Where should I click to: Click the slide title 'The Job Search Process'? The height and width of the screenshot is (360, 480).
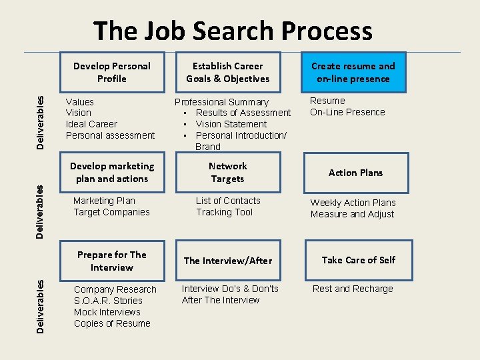coord(233,31)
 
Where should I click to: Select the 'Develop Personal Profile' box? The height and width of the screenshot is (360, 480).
coord(111,72)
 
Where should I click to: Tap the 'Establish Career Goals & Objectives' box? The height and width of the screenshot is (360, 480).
coord(227,72)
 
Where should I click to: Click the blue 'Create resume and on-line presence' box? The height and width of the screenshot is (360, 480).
coord(353,72)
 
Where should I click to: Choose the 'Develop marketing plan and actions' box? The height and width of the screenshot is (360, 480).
coord(111,172)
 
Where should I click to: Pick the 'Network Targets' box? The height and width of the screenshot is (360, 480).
coord(227,172)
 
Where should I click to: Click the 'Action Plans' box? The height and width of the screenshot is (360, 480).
coord(355,173)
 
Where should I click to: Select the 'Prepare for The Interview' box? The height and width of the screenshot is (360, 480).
coord(111,261)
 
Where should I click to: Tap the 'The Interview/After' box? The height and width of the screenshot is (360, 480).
coord(227,261)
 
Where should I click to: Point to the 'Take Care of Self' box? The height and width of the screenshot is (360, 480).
coord(358,260)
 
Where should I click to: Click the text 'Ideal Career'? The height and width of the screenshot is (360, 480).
coord(91,124)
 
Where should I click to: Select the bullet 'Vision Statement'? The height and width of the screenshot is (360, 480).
coord(231,124)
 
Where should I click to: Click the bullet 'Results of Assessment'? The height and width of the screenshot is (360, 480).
coord(243,113)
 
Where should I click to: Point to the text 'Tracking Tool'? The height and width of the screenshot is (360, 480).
coord(224,212)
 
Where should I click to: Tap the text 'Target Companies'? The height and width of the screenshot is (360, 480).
coord(111,212)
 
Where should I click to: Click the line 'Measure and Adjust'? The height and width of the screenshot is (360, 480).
coord(352,214)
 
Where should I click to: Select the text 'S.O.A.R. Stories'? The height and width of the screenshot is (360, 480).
coord(108,301)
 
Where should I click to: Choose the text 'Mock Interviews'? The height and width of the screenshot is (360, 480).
coord(107,312)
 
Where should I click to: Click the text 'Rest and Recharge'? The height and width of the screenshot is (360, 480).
coord(353,289)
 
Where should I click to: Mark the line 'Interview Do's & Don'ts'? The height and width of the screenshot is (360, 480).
coord(230,289)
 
